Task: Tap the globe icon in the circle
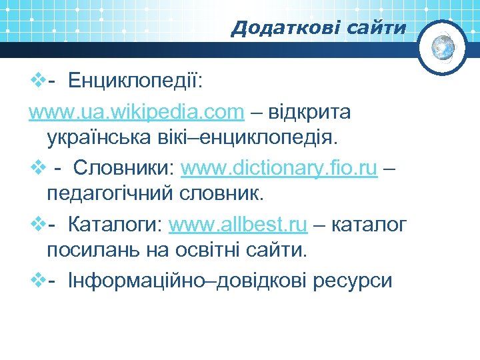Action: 443,46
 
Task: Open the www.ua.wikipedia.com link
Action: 136,112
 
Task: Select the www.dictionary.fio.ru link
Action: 279,169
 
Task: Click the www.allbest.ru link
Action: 238,225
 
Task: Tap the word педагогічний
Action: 109,195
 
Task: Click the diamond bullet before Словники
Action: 37,169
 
